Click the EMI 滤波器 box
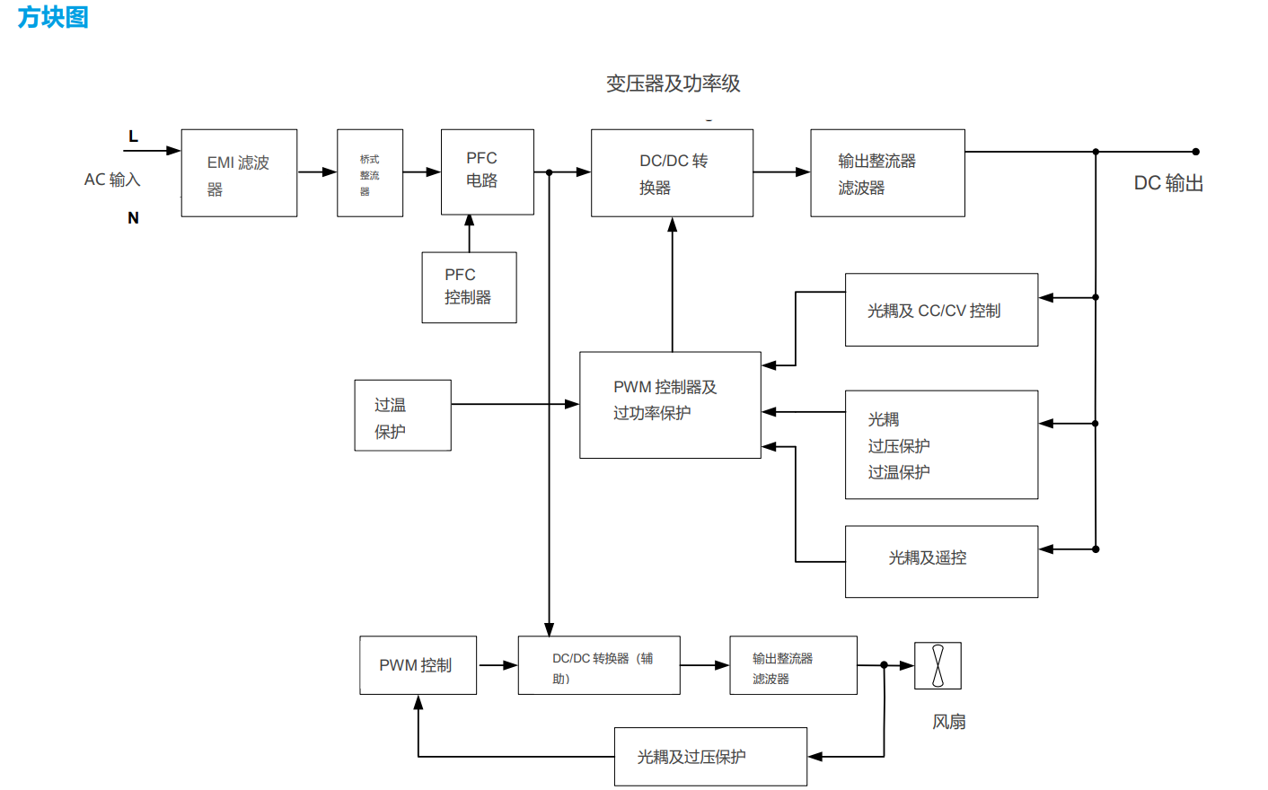pos(239,173)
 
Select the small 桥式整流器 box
pos(370,173)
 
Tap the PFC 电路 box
pos(487,171)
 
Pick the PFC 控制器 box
pos(469,287)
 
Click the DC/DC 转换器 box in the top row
pos(672,173)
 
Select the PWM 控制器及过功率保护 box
pos(670,405)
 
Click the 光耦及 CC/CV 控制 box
pos(941,310)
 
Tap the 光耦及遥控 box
pos(941,561)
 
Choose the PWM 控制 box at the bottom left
pos(418,665)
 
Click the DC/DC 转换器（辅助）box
pos(599,665)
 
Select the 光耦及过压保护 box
pos(710,757)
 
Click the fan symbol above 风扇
pos(938,665)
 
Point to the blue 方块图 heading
pos(53,17)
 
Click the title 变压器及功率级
pos(673,83)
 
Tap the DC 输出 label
pos(1167,183)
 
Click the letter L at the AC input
pos(133,136)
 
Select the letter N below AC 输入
pos(133,218)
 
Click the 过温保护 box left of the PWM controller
pos(402,415)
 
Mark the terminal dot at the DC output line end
pos(1195,152)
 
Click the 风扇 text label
pos(948,722)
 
